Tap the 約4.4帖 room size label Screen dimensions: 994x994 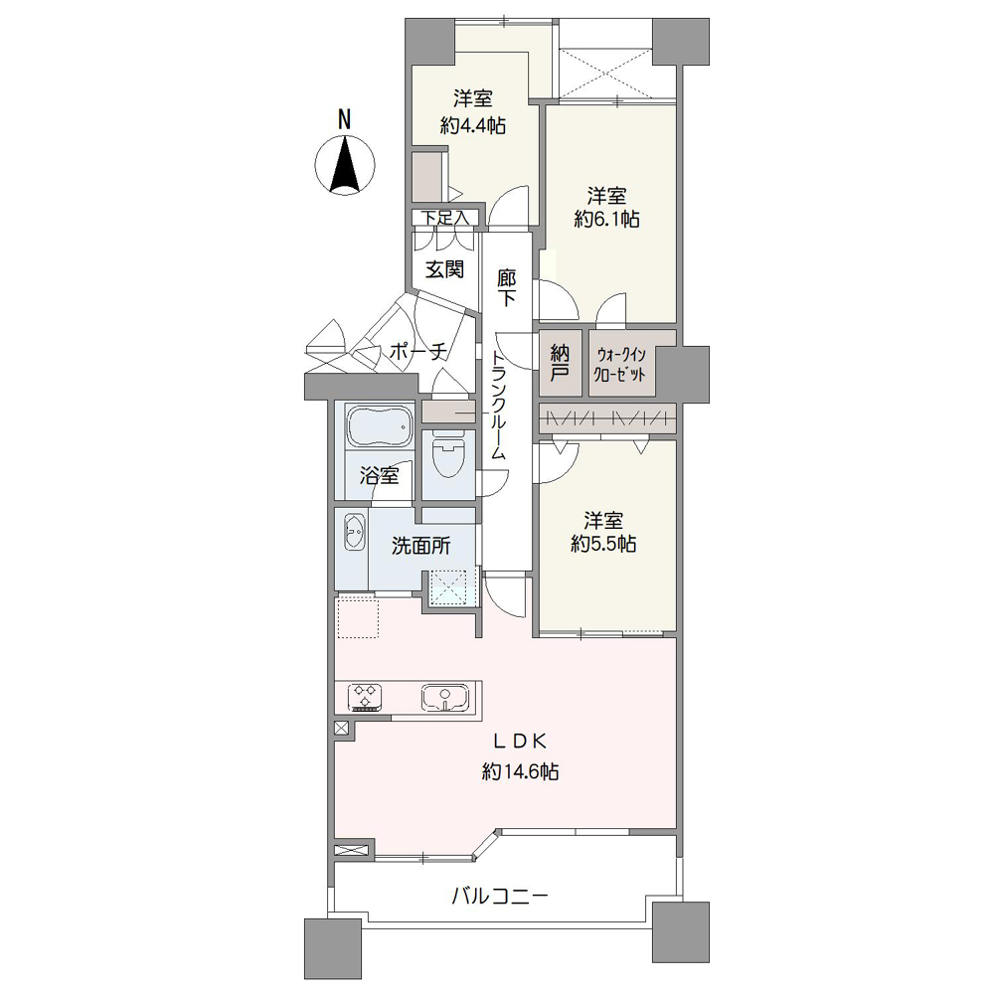coord(473,125)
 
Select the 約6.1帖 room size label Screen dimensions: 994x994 coord(605,220)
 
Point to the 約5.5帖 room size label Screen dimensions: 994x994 coord(603,544)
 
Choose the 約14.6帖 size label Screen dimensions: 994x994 coord(519,770)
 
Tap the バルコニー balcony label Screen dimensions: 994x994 coord(499,897)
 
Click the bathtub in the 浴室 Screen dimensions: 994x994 coord(379,428)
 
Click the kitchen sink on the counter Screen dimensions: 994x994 coord(443,697)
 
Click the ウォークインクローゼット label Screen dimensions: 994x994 coord(623,364)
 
